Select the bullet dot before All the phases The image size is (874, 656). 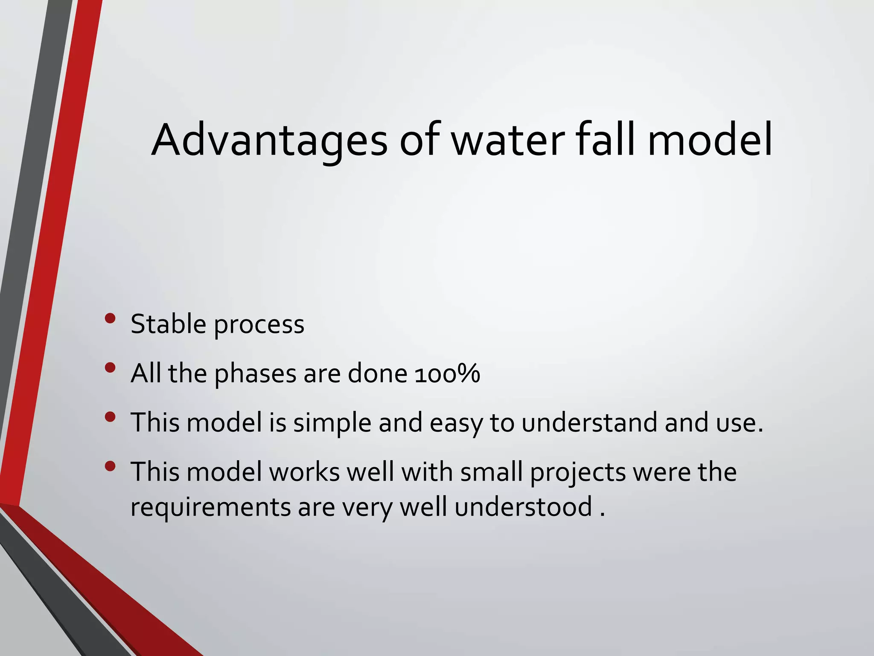(x=110, y=368)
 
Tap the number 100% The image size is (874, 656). (x=447, y=374)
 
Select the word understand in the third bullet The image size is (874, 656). (x=589, y=423)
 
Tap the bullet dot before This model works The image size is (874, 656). (x=110, y=466)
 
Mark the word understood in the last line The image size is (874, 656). (x=523, y=507)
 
